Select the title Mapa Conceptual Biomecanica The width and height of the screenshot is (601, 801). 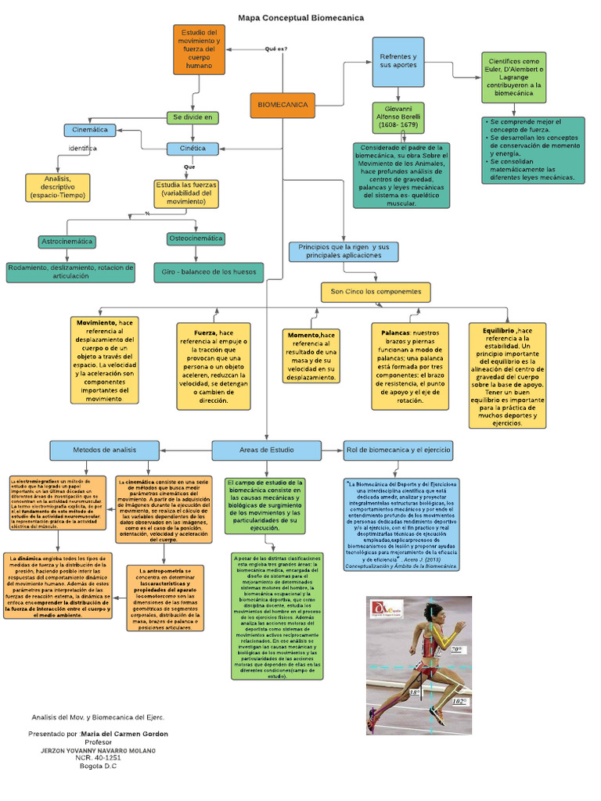pos(301,17)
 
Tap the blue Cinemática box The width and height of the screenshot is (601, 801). pos(90,130)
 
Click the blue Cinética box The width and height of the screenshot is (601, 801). pos(193,148)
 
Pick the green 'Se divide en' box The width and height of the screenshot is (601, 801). pos(192,117)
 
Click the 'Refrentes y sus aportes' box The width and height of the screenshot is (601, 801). pos(398,60)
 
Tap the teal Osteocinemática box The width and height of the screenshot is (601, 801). pos(195,239)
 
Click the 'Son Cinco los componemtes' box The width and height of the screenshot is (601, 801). pos(376,292)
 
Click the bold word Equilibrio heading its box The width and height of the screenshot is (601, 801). pos(494,331)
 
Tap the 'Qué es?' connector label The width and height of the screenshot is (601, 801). pos(275,48)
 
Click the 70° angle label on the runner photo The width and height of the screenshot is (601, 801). pos(457,649)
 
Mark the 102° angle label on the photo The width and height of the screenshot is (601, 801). pos(459,702)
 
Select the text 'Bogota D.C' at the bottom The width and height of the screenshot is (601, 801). pos(98,766)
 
